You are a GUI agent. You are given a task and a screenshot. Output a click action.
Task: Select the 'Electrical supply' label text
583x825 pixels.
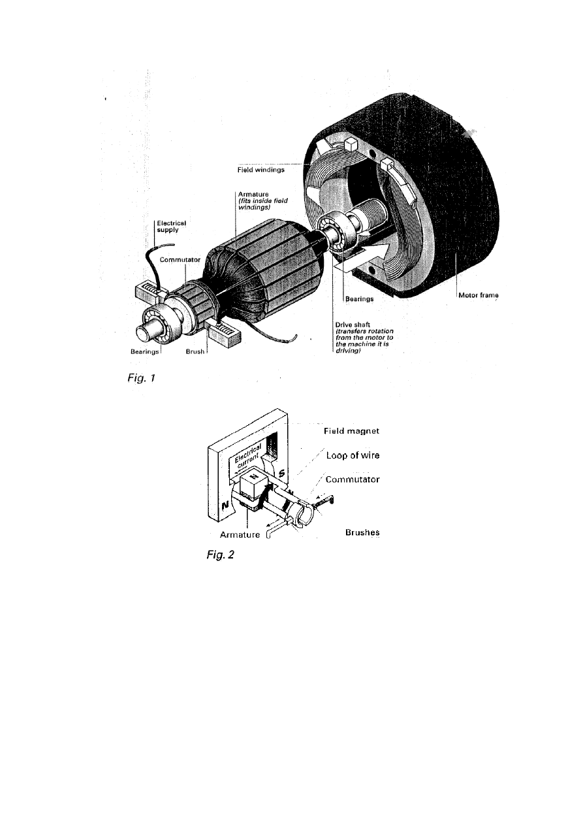172,227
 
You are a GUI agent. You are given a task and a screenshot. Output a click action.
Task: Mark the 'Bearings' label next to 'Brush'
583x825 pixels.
144,351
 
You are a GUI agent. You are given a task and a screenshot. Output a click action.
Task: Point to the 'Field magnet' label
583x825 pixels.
352,432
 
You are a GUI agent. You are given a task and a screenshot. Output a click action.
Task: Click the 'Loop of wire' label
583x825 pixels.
353,455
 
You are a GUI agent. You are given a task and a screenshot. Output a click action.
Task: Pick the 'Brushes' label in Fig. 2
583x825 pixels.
362,533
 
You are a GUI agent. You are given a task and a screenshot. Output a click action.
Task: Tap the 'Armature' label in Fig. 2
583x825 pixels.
240,534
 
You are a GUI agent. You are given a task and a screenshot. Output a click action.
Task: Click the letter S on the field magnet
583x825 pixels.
281,472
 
